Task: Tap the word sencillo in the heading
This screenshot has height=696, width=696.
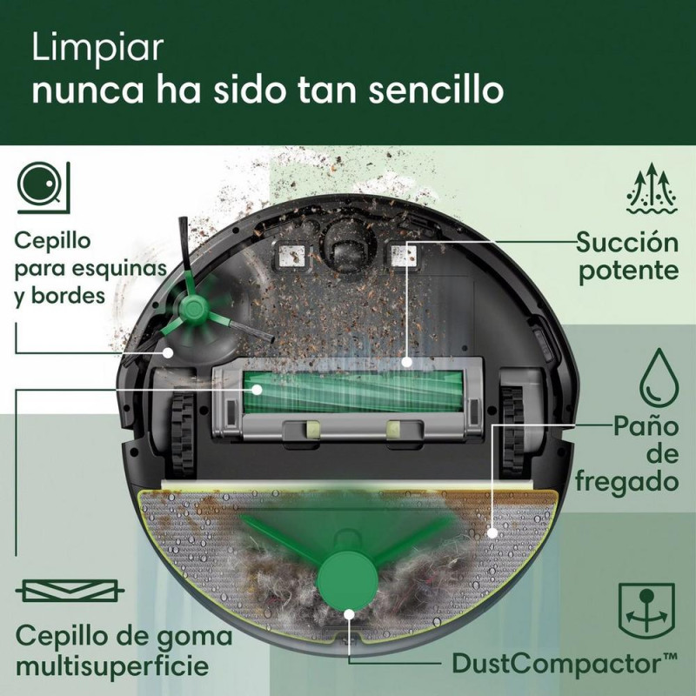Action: click(439, 90)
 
